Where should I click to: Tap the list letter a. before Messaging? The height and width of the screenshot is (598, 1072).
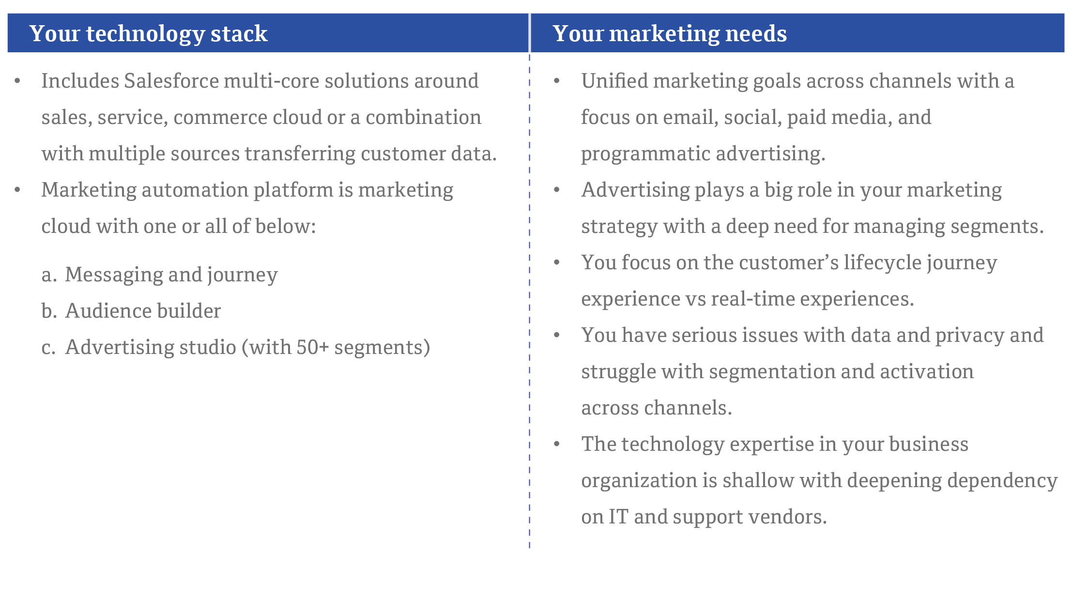(x=49, y=275)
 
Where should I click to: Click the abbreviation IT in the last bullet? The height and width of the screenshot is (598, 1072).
(x=618, y=517)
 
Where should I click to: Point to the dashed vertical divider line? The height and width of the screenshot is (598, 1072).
(x=530, y=300)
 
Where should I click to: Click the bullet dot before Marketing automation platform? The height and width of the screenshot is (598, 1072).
(x=17, y=190)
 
